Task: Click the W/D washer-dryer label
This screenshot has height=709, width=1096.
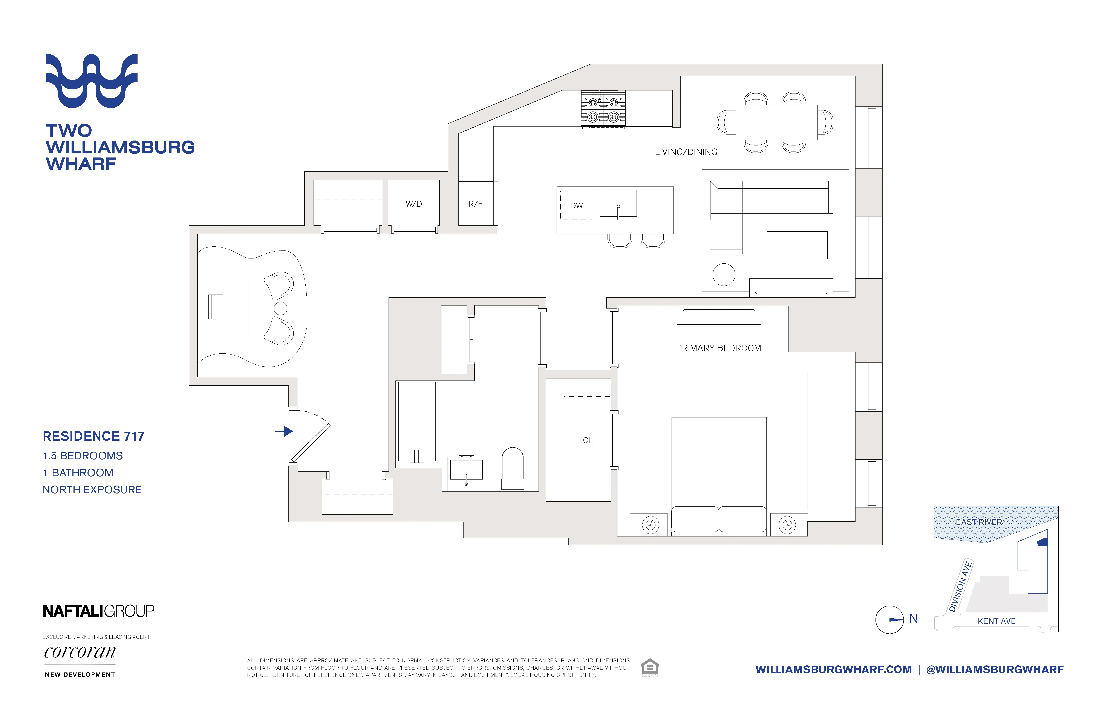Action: coord(413,204)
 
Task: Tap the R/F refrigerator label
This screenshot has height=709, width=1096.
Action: coord(475,204)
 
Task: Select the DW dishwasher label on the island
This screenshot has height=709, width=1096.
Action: coord(576,206)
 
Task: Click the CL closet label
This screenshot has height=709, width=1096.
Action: coord(588,441)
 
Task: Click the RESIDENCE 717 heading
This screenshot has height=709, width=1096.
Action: coord(93,436)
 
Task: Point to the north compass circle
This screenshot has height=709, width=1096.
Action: coord(889,620)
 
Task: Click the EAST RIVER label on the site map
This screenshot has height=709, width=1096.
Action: coord(979,522)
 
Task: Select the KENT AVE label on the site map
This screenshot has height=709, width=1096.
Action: coord(997,621)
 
